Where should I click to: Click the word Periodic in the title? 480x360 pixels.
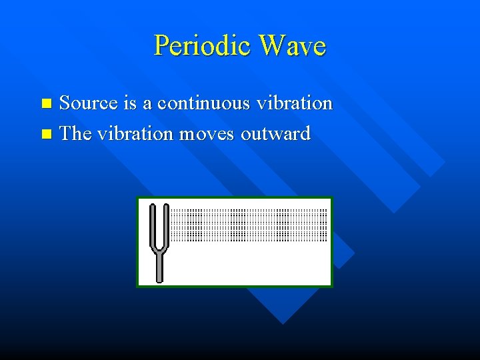point(203,46)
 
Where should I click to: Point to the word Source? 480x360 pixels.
point(89,103)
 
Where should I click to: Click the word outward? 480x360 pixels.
point(275,133)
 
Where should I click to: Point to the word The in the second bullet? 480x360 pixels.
point(75,133)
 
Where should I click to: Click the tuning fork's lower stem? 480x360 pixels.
point(159,267)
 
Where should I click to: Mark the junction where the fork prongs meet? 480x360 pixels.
point(159,251)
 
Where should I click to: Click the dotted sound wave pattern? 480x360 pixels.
point(249,225)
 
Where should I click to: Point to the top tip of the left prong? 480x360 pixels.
point(153,206)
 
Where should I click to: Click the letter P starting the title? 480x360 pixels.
point(161,46)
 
